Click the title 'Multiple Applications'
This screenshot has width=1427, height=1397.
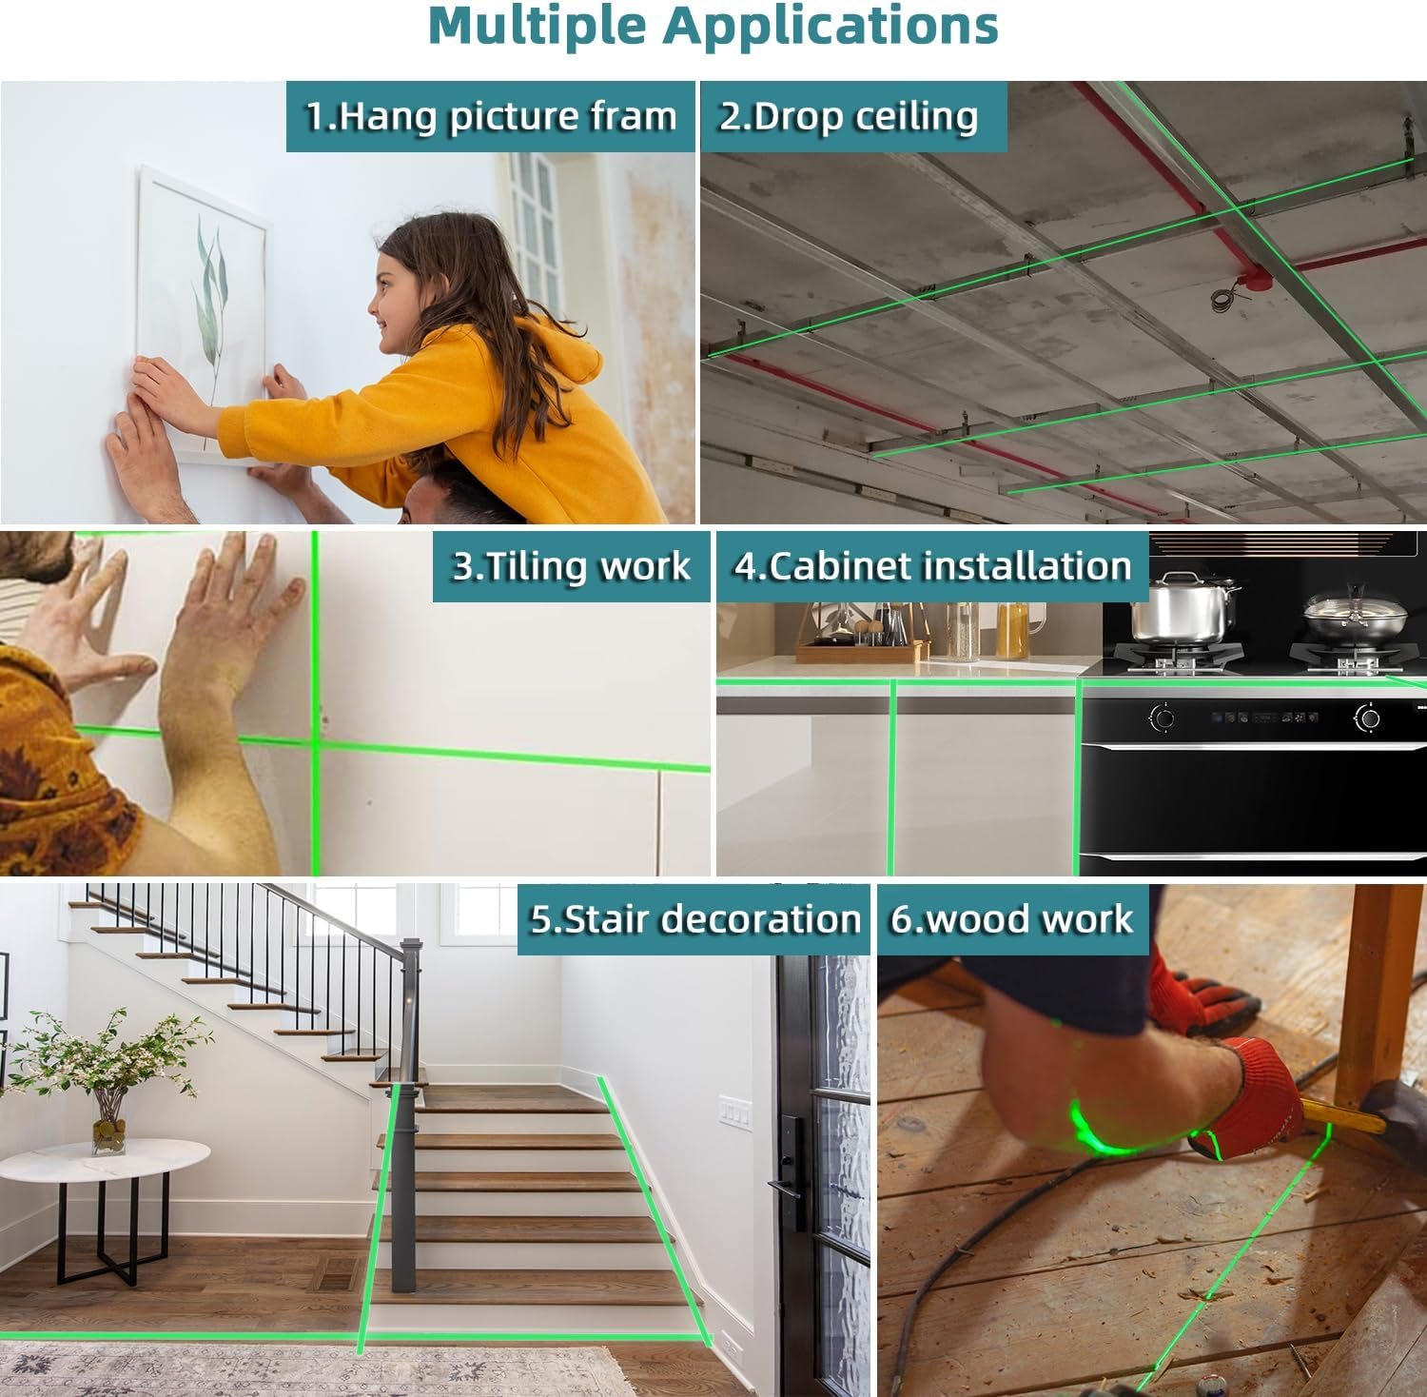(x=713, y=28)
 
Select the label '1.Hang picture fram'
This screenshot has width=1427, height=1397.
(x=491, y=116)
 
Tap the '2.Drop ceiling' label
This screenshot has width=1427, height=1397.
(x=849, y=116)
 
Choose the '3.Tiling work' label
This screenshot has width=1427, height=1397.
(x=571, y=566)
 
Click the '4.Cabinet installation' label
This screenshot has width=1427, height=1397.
(x=932, y=566)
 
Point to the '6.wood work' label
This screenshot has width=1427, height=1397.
(x=1011, y=919)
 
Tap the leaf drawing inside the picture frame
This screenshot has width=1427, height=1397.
(x=211, y=285)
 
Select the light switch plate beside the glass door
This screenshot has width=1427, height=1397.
(x=734, y=1111)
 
